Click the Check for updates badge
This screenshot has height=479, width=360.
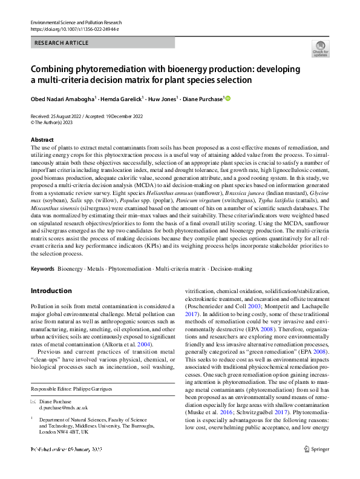[320, 48]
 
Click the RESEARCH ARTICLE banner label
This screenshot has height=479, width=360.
[62, 42]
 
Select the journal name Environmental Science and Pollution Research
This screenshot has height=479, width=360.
[75, 22]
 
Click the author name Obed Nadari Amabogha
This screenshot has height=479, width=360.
[62, 99]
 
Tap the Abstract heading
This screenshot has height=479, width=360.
[42, 139]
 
